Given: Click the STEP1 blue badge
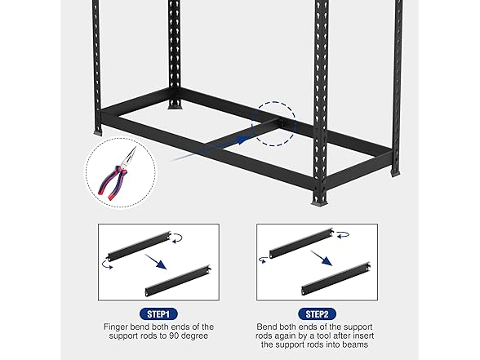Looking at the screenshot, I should (160, 313).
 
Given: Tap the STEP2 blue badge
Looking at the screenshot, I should (318, 313).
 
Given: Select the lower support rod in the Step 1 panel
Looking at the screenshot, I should (180, 279).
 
